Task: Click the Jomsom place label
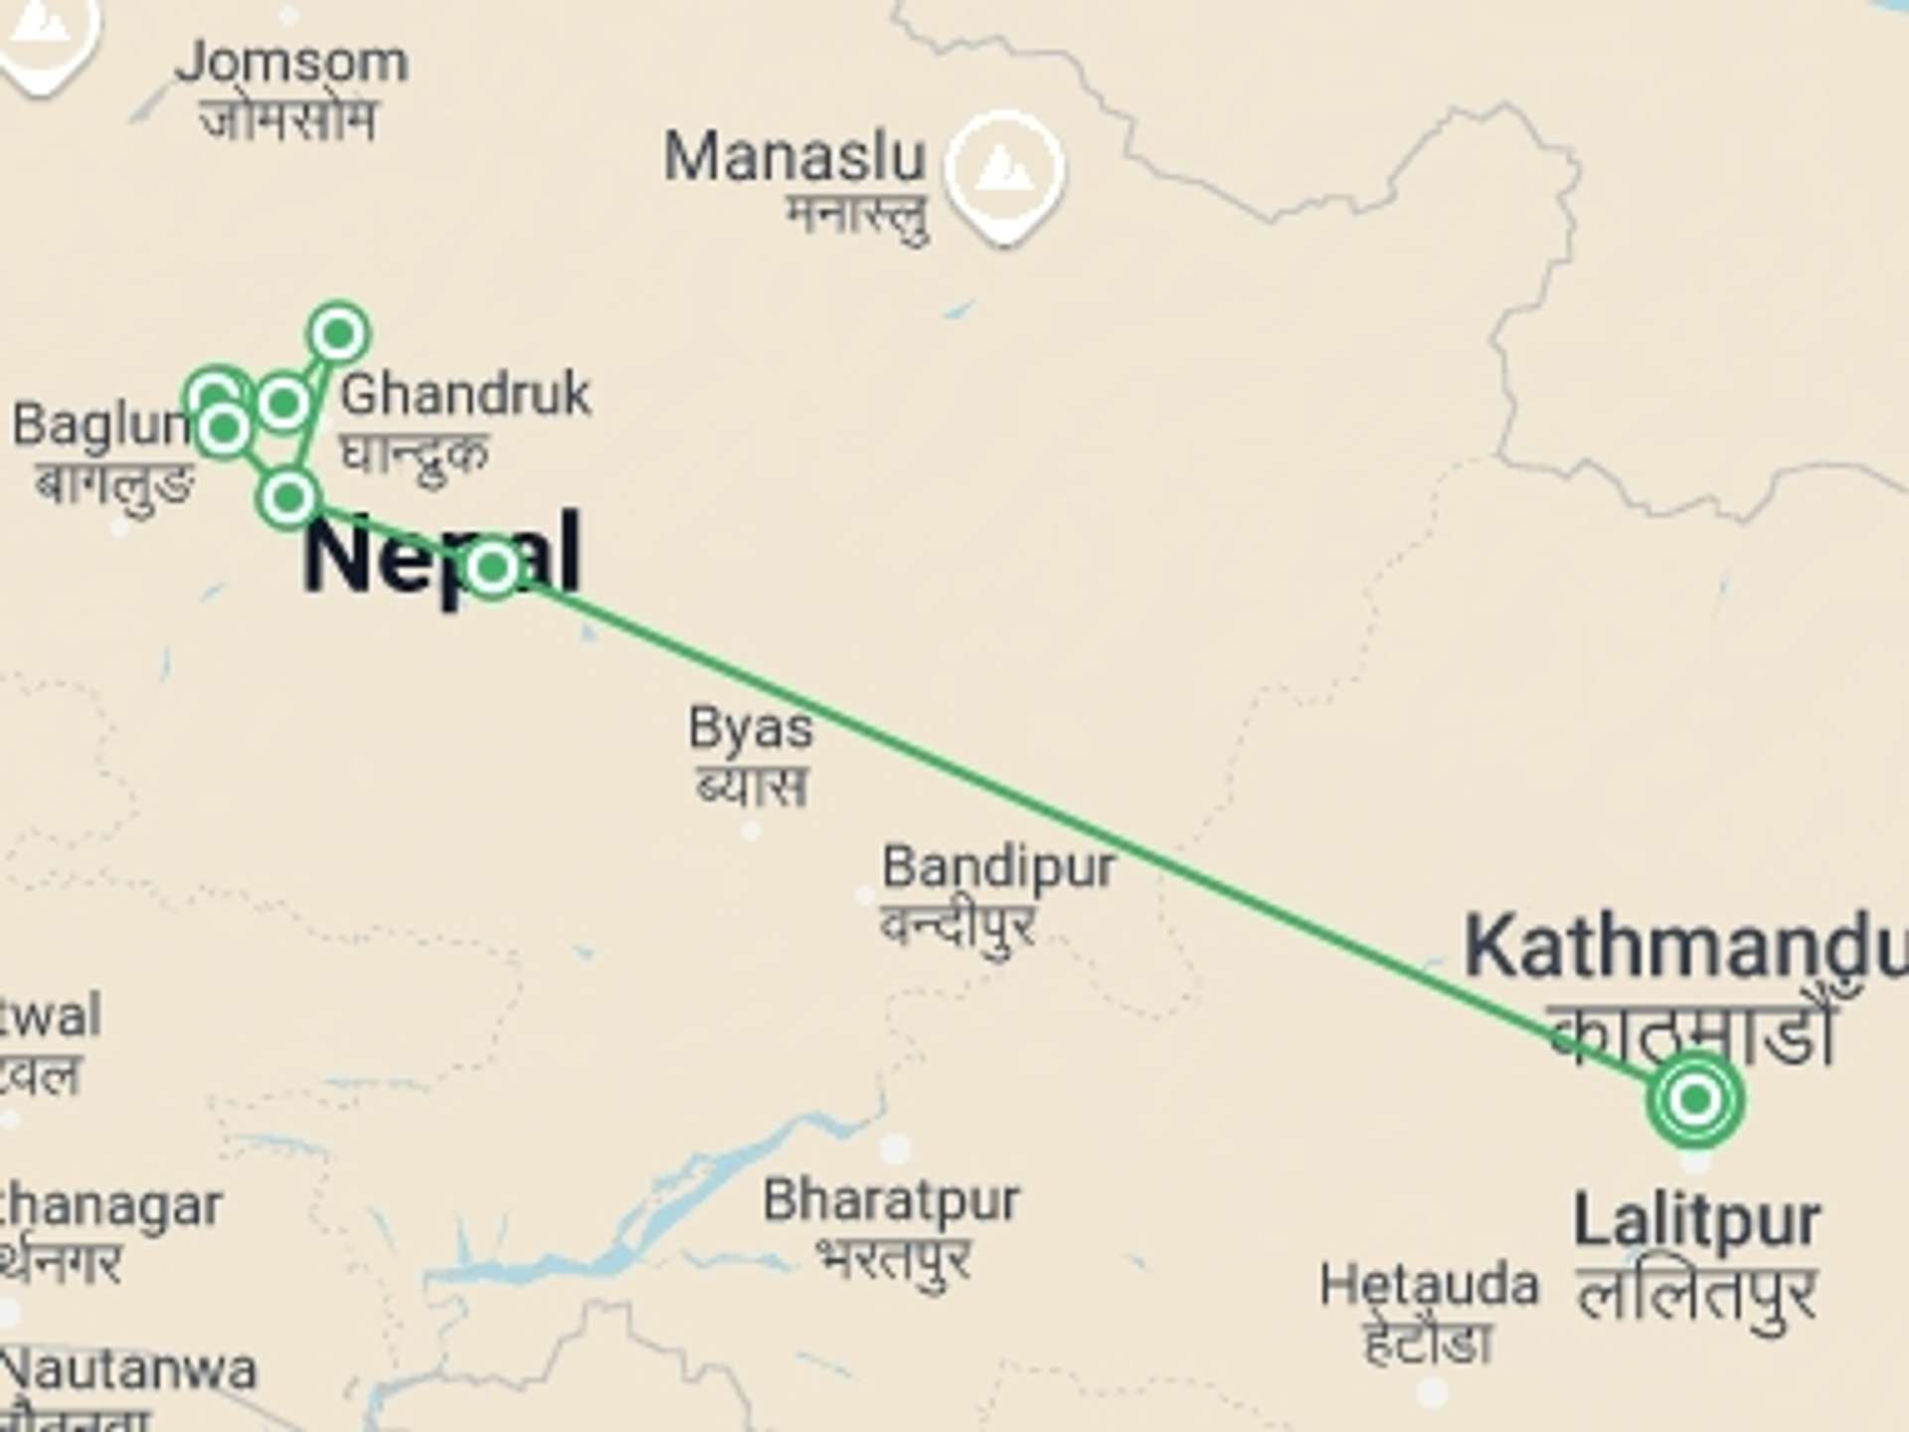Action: tap(291, 63)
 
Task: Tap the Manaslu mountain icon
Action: tap(1004, 171)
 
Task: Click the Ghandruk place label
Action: tap(465, 394)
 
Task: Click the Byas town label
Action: tap(751, 728)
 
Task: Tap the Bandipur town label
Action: tap(998, 867)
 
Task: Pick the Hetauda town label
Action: tap(1429, 1285)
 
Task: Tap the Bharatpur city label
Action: tap(891, 1200)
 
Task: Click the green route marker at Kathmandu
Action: tap(1695, 1100)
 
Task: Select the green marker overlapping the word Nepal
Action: tap(492, 568)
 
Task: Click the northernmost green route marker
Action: tap(339, 333)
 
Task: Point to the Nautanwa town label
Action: tap(129, 1370)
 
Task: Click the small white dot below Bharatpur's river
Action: tap(894, 1148)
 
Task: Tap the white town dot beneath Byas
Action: tap(752, 830)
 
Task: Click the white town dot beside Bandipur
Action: tap(865, 895)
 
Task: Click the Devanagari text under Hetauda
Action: tap(1428, 1342)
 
